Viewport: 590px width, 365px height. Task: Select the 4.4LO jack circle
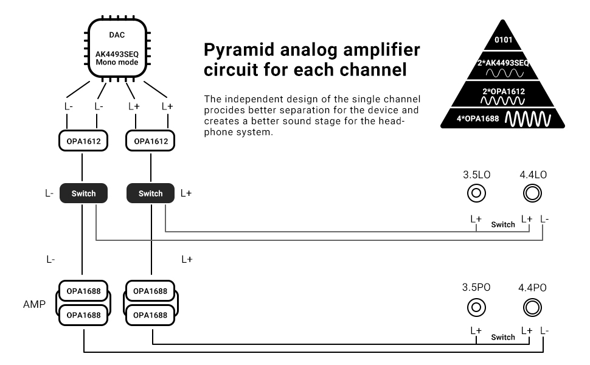532,193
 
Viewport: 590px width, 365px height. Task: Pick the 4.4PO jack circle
532,307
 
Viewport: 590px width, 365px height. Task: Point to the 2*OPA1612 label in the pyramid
502,91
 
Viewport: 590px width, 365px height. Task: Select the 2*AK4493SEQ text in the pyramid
502,63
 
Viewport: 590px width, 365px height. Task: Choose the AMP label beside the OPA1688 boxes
33,303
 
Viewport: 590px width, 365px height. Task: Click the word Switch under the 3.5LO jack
503,224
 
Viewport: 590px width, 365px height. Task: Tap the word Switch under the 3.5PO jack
503,337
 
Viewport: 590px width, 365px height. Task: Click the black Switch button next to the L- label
83,193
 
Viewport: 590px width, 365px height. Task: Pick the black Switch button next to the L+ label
150,193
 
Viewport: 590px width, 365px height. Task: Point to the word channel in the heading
372,69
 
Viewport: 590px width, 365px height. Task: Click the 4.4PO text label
532,288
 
